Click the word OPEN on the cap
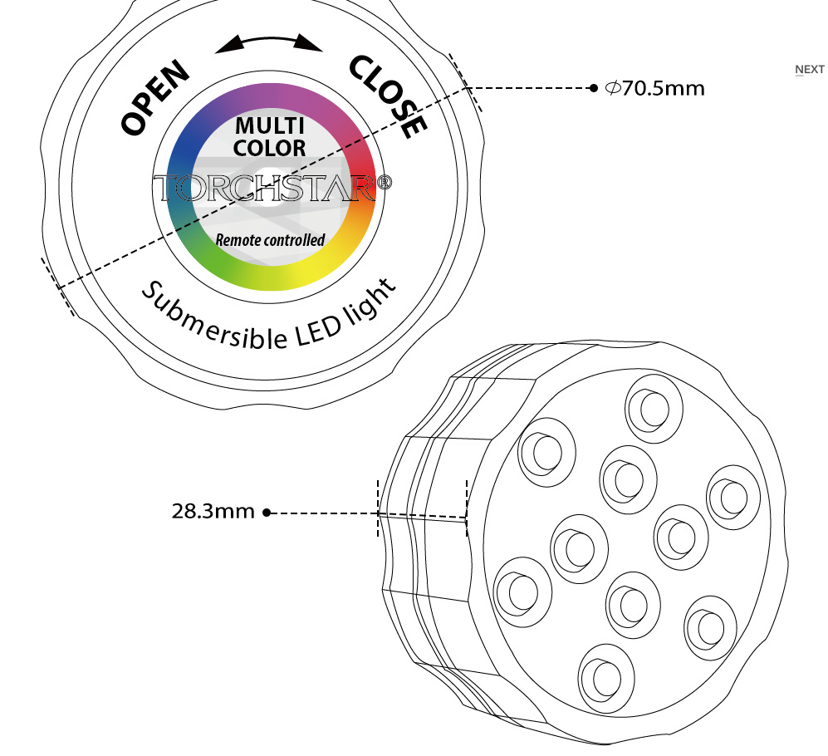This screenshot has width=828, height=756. point(156,99)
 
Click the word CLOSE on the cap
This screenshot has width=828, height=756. point(388,96)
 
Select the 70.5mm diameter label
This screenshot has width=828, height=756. point(655,87)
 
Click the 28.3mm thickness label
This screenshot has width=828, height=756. point(213,511)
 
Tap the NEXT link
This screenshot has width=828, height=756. point(809,70)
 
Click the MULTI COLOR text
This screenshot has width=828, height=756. point(269,137)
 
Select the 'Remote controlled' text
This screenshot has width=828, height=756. point(270,240)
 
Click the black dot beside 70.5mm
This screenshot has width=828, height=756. point(593,87)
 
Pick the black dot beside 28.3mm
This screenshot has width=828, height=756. point(267,513)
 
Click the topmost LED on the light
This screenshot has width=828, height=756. point(654,406)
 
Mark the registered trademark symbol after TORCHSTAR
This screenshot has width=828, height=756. point(384,183)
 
